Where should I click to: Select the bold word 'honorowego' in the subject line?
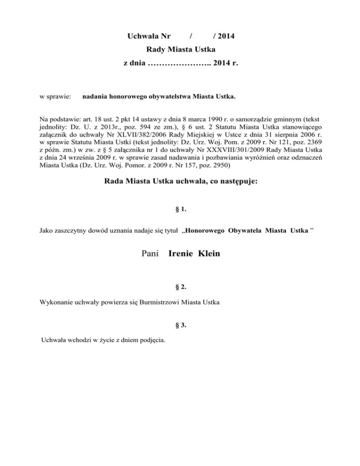(122, 97)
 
